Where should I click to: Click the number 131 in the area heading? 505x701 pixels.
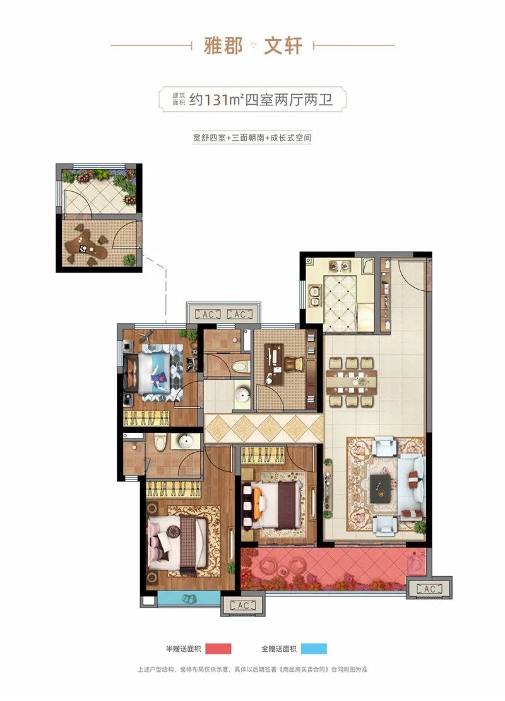click(x=216, y=99)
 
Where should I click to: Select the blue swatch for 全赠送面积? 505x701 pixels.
click(x=314, y=648)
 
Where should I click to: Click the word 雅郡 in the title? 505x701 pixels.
click(x=223, y=45)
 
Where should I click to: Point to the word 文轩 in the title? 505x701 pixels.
click(x=283, y=45)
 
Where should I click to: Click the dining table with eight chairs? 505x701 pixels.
click(x=351, y=382)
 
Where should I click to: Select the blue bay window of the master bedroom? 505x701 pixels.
click(x=188, y=599)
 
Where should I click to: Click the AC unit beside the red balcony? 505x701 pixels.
click(x=429, y=589)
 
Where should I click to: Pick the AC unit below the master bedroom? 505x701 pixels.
click(x=243, y=605)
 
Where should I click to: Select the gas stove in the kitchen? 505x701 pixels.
click(x=338, y=267)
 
